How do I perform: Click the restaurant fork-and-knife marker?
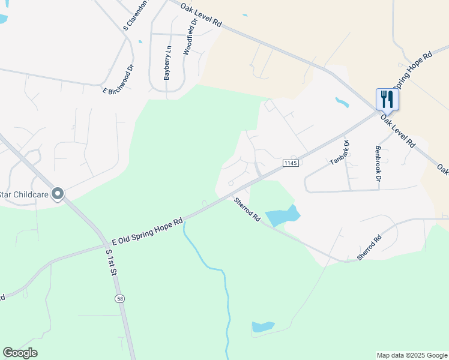[387, 99]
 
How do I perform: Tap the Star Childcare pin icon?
[58, 193]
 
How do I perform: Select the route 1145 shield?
[291, 163]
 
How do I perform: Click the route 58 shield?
[119, 298]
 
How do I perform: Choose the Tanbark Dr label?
[339, 152]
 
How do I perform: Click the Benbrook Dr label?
[378, 163]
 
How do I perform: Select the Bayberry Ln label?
[167, 63]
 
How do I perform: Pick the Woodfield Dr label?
[190, 37]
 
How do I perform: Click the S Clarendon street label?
[135, 16]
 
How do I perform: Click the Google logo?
[20, 352]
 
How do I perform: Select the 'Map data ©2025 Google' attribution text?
[411, 355]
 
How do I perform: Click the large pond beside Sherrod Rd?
[282, 216]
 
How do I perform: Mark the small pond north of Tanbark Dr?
[342, 102]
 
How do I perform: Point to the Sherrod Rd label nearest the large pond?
[247, 209]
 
